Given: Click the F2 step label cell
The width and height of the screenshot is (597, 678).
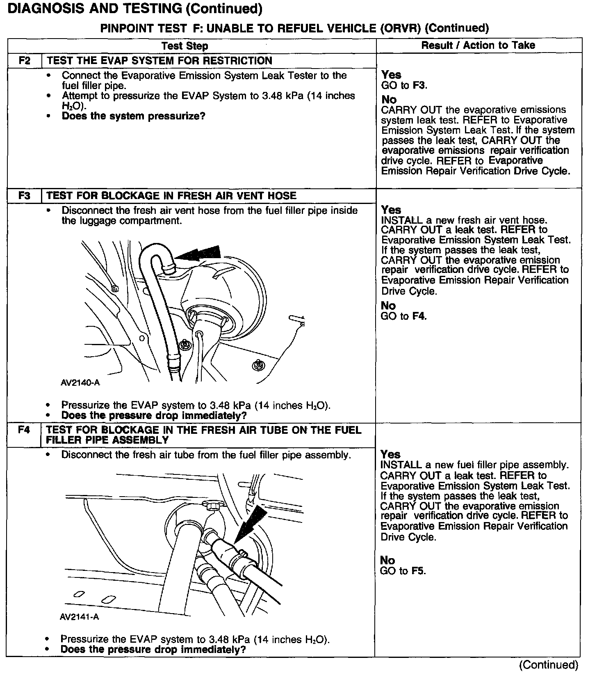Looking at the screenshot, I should pyautogui.click(x=25, y=61).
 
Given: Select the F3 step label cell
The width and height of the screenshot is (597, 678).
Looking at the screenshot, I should pyautogui.click(x=25, y=196).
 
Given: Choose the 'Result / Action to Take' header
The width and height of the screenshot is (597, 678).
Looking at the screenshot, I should pyautogui.click(x=478, y=45).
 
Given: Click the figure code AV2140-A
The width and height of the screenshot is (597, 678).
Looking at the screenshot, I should pyautogui.click(x=80, y=383).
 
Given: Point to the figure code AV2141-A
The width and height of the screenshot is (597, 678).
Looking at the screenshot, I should pyautogui.click(x=79, y=617).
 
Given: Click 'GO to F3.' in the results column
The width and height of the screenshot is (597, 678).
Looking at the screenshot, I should pyautogui.click(x=404, y=85).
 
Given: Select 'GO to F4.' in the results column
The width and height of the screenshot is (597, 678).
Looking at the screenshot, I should pyautogui.click(x=403, y=316).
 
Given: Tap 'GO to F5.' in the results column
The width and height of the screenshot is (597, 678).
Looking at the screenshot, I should pyautogui.click(x=403, y=571).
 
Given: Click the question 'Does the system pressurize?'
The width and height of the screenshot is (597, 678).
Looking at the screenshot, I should pyautogui.click(x=133, y=116).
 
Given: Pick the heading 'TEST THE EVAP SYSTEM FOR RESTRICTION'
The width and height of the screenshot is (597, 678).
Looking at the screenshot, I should pyautogui.click(x=160, y=61).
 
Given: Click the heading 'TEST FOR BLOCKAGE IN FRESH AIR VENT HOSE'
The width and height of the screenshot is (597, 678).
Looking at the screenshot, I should pyautogui.click(x=171, y=196).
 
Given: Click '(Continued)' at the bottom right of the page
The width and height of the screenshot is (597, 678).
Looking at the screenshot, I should pyautogui.click(x=549, y=665).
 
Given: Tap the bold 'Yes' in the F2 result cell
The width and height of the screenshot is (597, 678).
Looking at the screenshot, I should pyautogui.click(x=391, y=75).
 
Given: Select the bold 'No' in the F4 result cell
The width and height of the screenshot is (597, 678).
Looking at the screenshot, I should pyautogui.click(x=387, y=560).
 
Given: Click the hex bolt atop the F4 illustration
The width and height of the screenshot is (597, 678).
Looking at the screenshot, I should pyautogui.click(x=213, y=506).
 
